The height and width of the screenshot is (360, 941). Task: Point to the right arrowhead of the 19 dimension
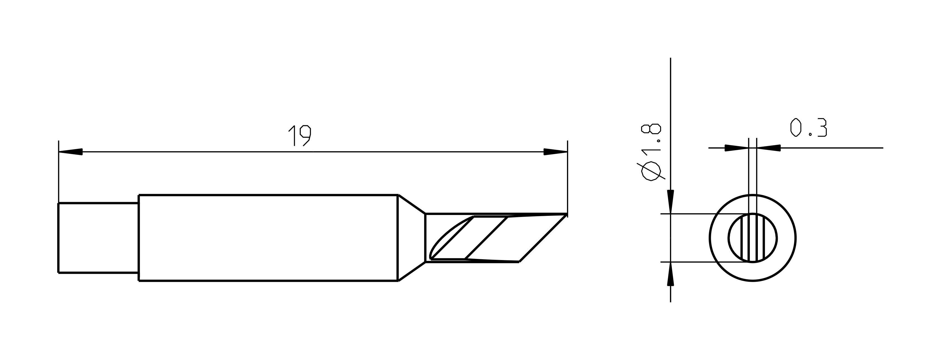[555, 152]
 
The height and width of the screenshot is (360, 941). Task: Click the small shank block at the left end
[98, 238]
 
